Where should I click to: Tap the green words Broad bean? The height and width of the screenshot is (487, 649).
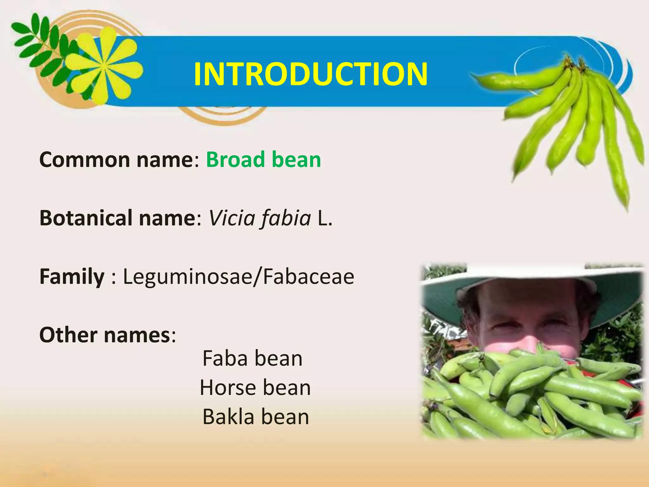coord(263,159)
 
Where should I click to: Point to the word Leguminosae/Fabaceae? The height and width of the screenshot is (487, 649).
coord(238,276)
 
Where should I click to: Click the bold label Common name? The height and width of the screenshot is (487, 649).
coord(116,159)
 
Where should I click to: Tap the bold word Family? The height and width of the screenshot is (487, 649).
coord(72,276)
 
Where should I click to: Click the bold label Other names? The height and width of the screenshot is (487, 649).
coord(105,335)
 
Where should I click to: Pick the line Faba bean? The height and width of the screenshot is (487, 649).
coord(253,358)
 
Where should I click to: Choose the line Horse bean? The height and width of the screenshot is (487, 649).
coord(255,387)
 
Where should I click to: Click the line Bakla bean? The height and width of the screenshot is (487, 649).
coord(256,417)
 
